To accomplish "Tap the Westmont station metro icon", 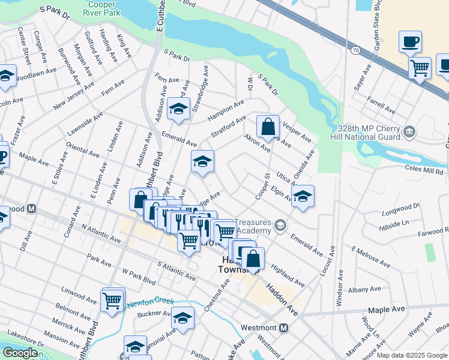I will tap(284, 328).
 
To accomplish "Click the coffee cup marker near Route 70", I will tap(411, 42).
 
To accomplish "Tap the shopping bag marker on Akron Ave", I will tap(268, 127).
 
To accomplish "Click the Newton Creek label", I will tap(150, 302).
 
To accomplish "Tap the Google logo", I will tap(20, 353).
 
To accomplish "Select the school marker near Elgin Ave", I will tap(303, 197).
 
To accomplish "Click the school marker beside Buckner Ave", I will tap(182, 318).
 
